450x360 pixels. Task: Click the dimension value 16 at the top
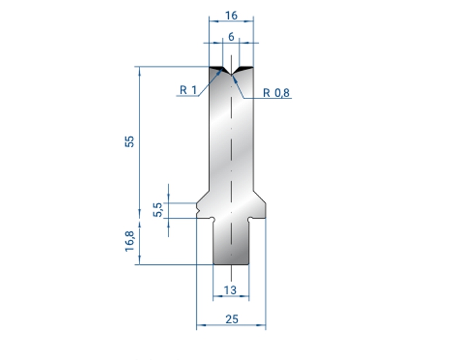point(231,15)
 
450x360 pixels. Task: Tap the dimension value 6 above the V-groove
point(231,37)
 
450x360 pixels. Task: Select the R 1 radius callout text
point(188,90)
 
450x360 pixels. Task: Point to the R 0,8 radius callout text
point(276,93)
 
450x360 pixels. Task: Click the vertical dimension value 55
point(130,141)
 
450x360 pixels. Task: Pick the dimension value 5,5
point(158,210)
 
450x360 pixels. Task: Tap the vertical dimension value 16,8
point(130,241)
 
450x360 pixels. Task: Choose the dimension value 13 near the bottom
point(230,290)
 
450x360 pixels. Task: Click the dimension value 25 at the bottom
point(232,319)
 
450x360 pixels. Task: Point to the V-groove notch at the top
point(231,72)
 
